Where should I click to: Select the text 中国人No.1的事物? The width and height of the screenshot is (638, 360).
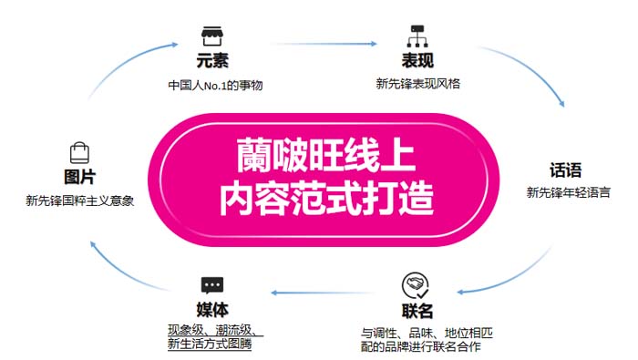(211, 87)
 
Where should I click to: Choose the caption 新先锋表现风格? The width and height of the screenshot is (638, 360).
(417, 84)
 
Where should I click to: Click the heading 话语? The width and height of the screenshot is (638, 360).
(566, 171)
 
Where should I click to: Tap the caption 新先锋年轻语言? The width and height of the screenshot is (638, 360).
(569, 192)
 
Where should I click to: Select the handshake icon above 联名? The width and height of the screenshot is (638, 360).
(417, 283)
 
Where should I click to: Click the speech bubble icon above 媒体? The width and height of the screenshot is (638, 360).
(211, 284)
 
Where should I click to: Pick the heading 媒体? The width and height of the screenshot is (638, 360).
(211, 309)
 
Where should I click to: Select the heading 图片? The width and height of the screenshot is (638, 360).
(79, 177)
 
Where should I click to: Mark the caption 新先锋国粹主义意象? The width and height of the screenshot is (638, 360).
(80, 200)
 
